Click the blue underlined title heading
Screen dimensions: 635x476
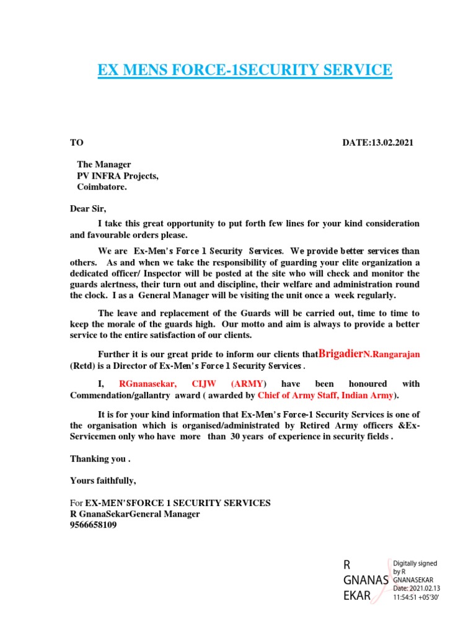(245, 70)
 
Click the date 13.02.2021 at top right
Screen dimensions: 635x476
(377, 143)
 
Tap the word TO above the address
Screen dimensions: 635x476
(76, 143)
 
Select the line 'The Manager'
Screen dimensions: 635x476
(104, 164)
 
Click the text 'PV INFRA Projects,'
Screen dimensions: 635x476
(117, 175)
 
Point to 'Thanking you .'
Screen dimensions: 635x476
(100, 460)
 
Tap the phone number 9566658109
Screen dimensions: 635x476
(93, 525)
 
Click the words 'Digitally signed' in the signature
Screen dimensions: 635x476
(415, 563)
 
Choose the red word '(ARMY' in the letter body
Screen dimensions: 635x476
(251, 384)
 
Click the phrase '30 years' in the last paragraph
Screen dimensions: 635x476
(247, 437)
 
